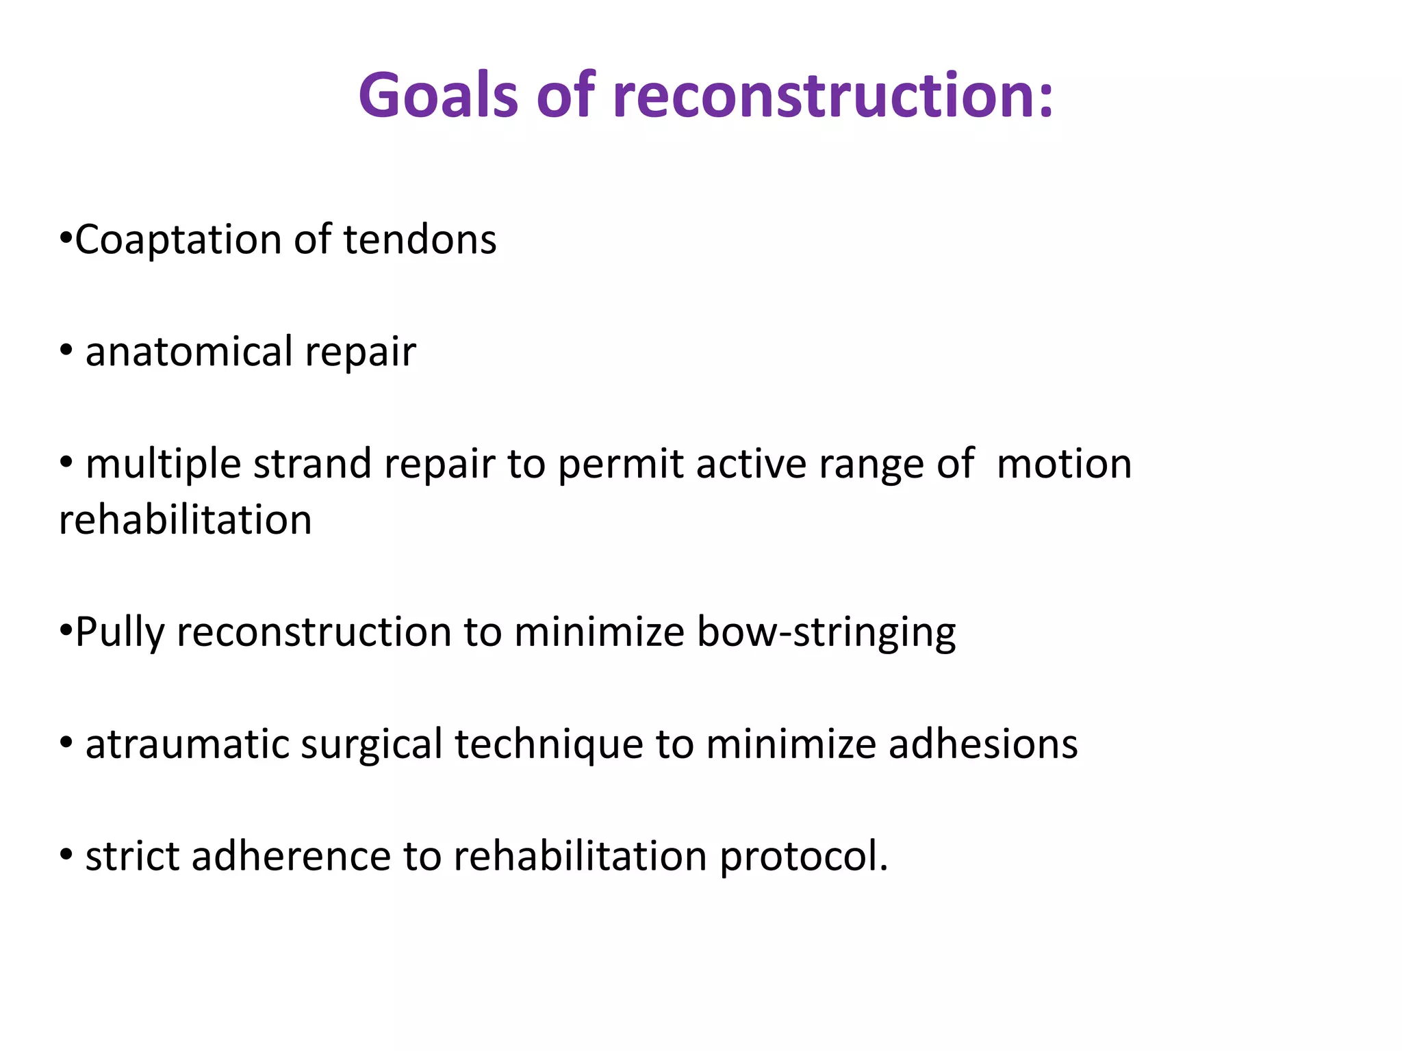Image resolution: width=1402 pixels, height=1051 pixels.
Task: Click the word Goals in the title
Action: point(438,96)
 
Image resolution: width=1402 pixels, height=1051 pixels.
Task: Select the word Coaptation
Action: point(178,241)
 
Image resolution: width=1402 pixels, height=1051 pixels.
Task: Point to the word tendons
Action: point(420,241)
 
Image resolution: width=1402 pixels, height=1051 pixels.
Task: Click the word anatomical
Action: point(189,352)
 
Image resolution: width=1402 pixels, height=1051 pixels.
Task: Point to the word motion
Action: point(1064,464)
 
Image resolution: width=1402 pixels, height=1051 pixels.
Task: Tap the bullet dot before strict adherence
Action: point(66,855)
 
